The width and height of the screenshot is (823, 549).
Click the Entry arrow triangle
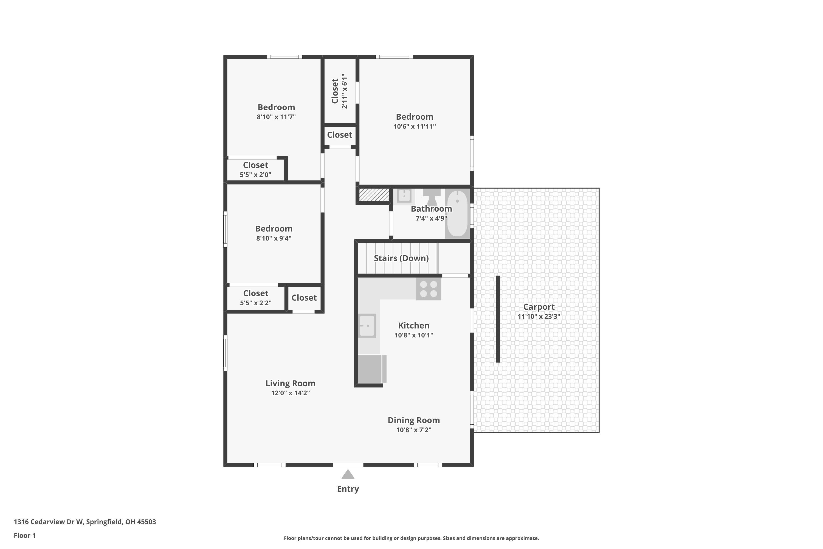click(x=348, y=474)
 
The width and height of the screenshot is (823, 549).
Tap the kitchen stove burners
click(x=428, y=289)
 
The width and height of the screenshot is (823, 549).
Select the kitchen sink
click(x=367, y=326)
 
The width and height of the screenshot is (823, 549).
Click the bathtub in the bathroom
click(x=457, y=214)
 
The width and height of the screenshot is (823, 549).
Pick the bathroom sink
click(x=404, y=196)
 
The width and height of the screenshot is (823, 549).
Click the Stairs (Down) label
click(x=401, y=258)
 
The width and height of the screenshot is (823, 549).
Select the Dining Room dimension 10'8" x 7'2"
click(x=414, y=430)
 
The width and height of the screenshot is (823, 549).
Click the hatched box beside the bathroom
click(x=374, y=195)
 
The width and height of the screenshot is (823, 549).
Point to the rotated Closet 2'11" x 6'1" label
click(x=339, y=91)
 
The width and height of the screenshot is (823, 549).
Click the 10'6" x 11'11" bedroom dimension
click(x=414, y=126)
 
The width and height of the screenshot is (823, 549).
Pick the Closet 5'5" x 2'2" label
click(x=255, y=298)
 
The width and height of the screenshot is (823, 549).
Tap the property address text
click(x=85, y=522)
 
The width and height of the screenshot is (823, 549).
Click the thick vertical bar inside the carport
click(x=498, y=319)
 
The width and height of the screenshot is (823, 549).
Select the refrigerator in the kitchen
click(x=372, y=369)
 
